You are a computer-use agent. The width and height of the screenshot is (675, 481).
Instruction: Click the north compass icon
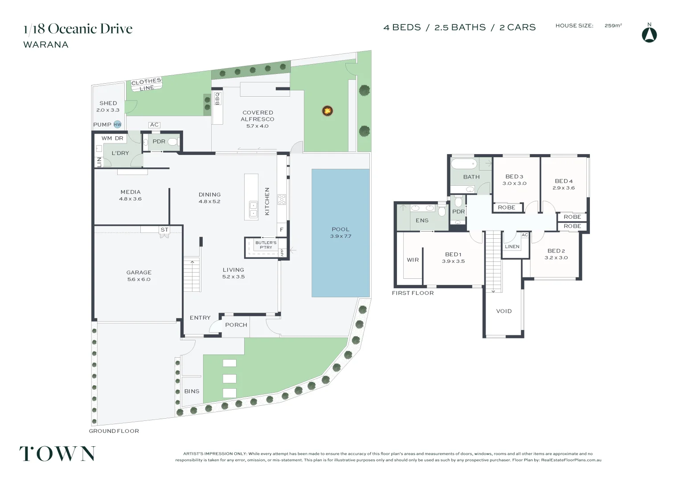click(x=649, y=35)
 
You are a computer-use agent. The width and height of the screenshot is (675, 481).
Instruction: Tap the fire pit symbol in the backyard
click(x=327, y=110)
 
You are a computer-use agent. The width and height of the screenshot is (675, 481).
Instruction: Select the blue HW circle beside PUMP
click(x=117, y=125)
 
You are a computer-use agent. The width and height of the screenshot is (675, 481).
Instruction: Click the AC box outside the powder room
click(x=154, y=125)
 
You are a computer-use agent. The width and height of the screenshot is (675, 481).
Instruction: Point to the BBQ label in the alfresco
click(x=217, y=98)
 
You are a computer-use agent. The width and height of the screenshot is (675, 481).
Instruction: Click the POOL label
click(x=340, y=229)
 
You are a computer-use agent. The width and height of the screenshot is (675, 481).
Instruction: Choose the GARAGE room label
click(x=139, y=273)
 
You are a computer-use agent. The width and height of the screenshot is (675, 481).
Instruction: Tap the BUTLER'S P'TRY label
click(x=266, y=245)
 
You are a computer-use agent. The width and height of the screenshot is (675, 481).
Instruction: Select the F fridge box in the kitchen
click(x=282, y=230)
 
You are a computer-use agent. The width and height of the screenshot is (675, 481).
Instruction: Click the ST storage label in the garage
click(x=164, y=230)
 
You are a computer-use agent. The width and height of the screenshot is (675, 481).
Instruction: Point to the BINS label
click(x=192, y=391)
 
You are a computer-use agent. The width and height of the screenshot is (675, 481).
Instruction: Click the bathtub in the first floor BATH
click(x=464, y=163)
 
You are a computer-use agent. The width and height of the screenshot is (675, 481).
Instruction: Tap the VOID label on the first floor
click(x=504, y=311)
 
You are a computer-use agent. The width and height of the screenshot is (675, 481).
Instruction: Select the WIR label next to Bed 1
click(x=413, y=260)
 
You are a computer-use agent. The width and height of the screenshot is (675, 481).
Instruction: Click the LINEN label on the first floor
click(x=512, y=247)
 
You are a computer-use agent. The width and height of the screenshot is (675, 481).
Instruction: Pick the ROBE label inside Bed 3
click(x=507, y=208)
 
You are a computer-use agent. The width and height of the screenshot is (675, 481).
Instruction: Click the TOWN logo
click(x=57, y=454)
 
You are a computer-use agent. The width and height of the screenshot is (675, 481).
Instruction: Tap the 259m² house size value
click(x=613, y=26)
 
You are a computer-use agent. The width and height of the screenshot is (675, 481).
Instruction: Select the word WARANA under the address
click(x=46, y=45)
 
